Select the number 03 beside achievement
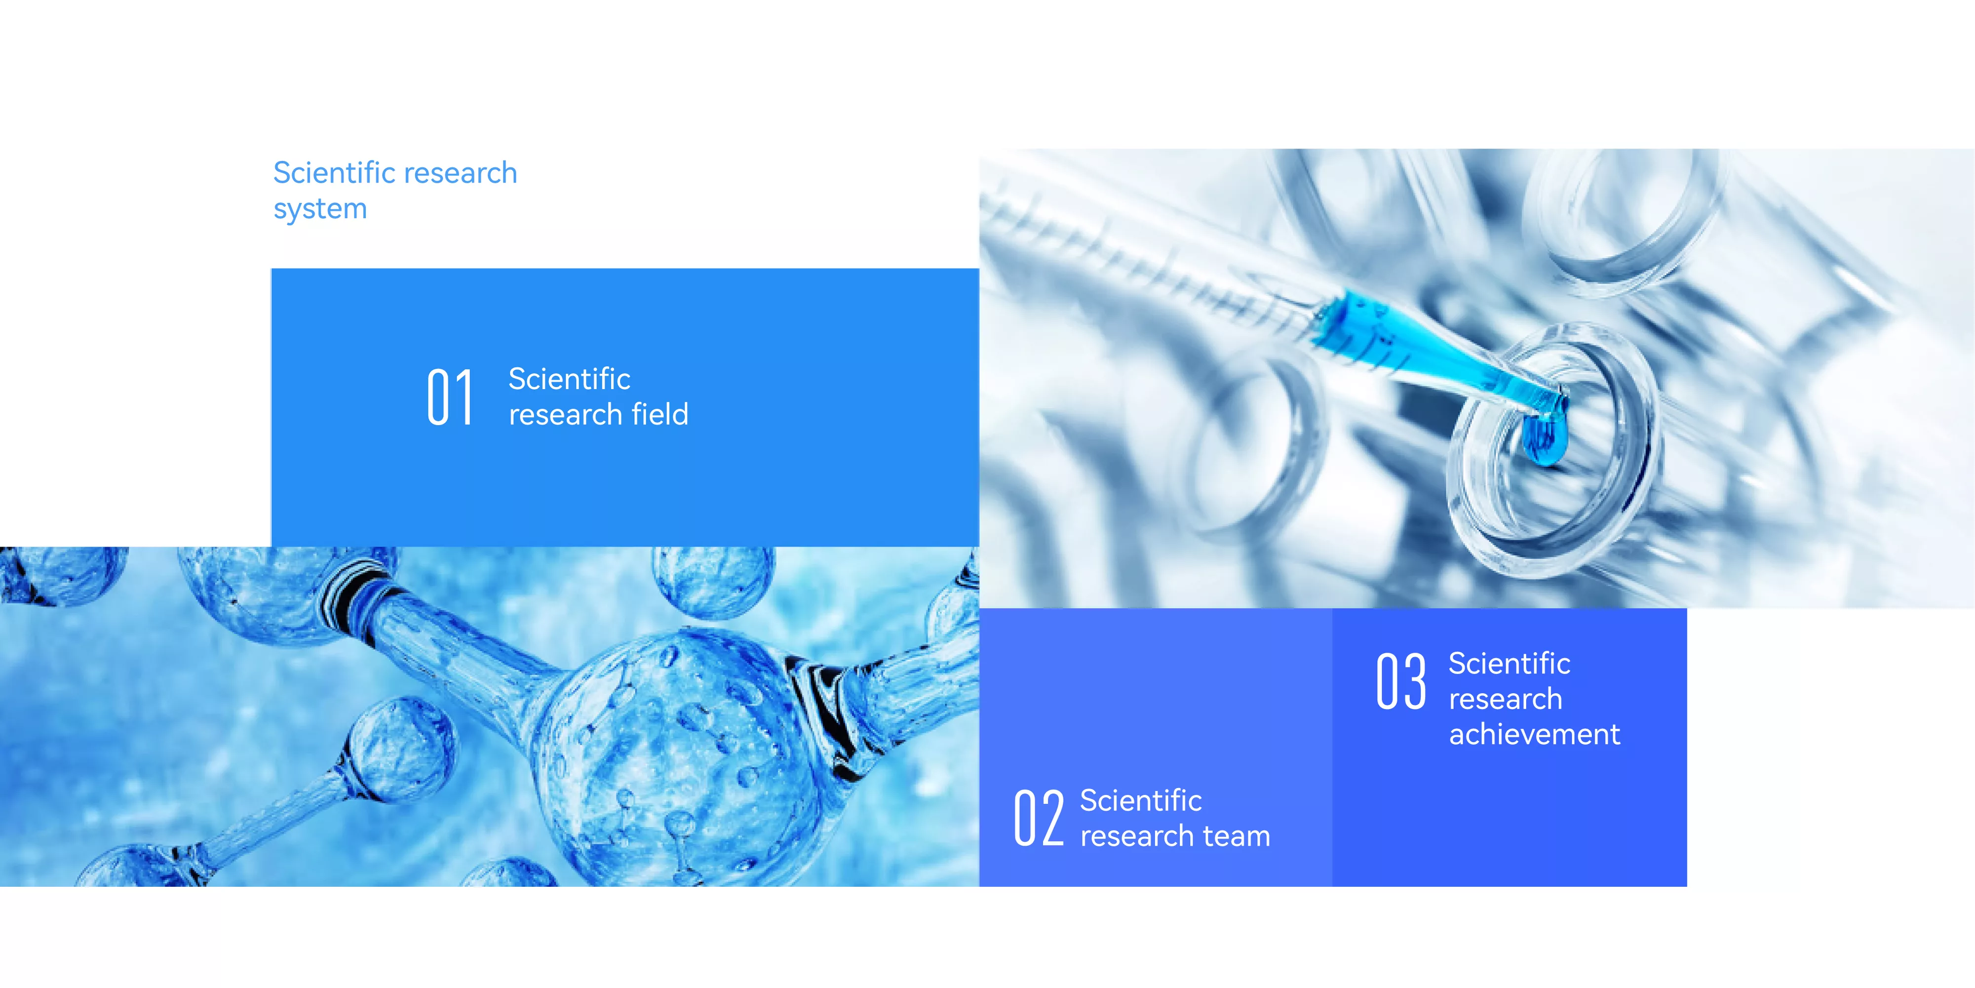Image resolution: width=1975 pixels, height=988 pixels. (x=1401, y=681)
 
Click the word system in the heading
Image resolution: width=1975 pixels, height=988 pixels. (x=320, y=209)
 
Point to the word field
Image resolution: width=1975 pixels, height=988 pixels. (x=660, y=414)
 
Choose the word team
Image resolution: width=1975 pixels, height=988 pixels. (x=1237, y=836)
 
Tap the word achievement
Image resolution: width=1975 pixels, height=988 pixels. (x=1535, y=735)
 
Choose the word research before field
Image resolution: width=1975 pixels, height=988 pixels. (x=566, y=415)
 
